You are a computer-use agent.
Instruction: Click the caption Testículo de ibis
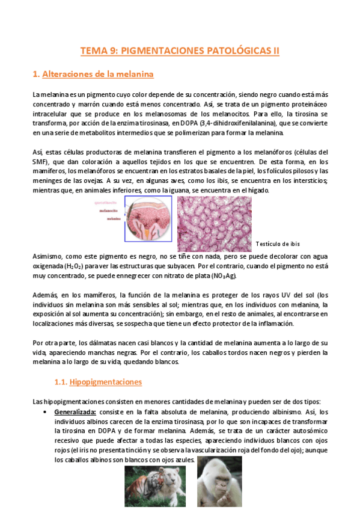tap(277, 244)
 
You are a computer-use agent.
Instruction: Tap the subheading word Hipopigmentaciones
tap(105, 382)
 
